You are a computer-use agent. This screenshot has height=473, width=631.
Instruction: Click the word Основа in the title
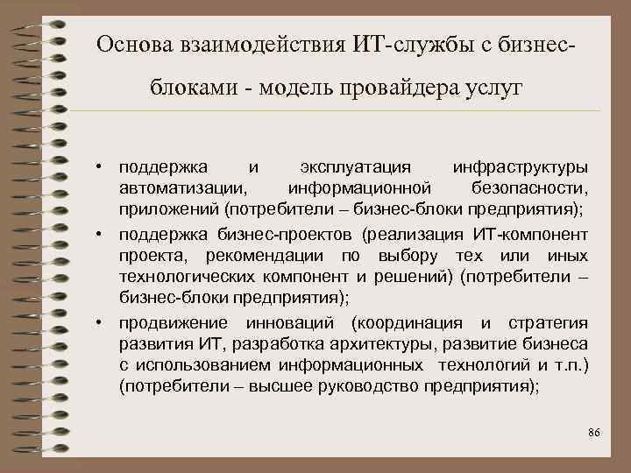click(131, 43)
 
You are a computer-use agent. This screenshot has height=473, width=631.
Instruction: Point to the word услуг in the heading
click(490, 88)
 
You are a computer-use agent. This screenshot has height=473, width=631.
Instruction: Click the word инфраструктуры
click(521, 167)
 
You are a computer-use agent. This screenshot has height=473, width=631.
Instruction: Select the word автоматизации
click(182, 188)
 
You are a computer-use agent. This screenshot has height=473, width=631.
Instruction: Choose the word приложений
click(168, 209)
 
